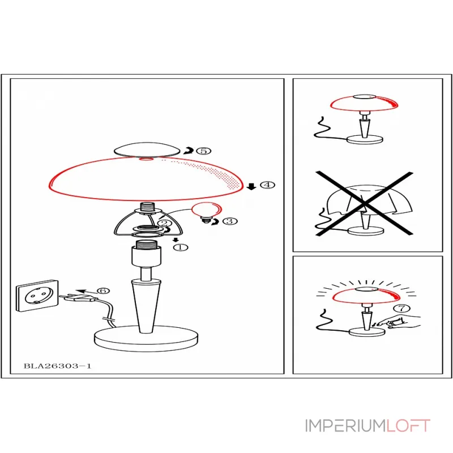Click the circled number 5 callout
204,151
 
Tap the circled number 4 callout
267,185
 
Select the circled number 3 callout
230,221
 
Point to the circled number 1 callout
181,247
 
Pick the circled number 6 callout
103,290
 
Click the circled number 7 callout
402,308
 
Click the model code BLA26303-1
57,366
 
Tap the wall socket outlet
37,296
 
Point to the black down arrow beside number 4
251,187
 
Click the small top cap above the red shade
147,149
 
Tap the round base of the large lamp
146,338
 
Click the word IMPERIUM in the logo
345,426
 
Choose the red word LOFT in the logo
408,426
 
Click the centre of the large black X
364,203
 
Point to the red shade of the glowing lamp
366,296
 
